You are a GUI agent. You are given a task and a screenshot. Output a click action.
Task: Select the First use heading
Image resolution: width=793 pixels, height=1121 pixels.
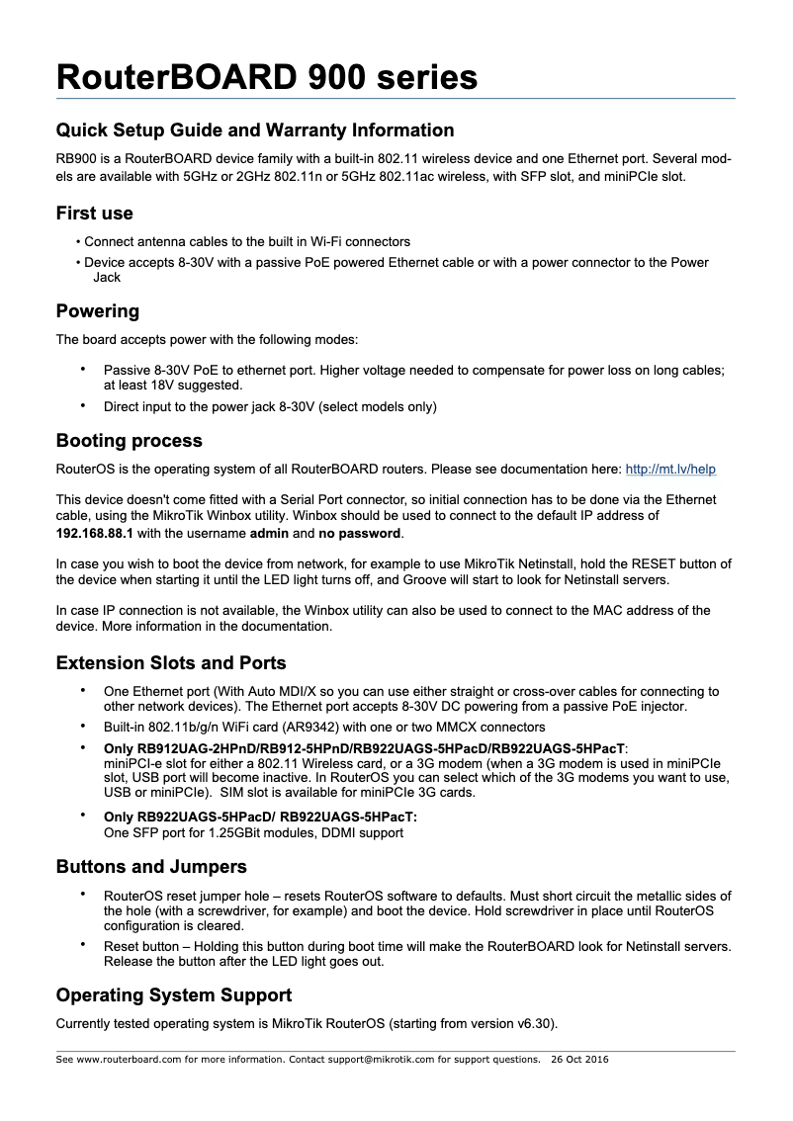(x=94, y=214)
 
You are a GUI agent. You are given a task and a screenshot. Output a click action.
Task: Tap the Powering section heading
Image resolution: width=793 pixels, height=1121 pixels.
(x=98, y=311)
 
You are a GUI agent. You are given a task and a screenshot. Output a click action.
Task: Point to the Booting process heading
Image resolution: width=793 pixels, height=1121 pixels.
(x=129, y=441)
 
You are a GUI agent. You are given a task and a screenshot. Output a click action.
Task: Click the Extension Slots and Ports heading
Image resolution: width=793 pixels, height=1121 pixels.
(x=171, y=662)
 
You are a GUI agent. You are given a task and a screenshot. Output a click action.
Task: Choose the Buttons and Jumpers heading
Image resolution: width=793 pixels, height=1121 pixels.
(x=151, y=867)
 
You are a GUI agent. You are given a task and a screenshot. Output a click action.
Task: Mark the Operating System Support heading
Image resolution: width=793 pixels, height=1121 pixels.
(x=174, y=994)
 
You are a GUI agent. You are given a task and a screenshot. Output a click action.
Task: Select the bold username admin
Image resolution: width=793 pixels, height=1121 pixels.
(x=269, y=533)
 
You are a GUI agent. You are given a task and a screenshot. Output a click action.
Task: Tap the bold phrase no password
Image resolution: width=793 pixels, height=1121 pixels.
(x=360, y=533)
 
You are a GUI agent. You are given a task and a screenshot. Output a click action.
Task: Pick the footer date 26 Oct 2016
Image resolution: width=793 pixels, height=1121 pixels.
(x=579, y=1060)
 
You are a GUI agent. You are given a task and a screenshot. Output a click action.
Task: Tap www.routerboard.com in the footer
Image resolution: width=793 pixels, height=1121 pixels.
(x=128, y=1060)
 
